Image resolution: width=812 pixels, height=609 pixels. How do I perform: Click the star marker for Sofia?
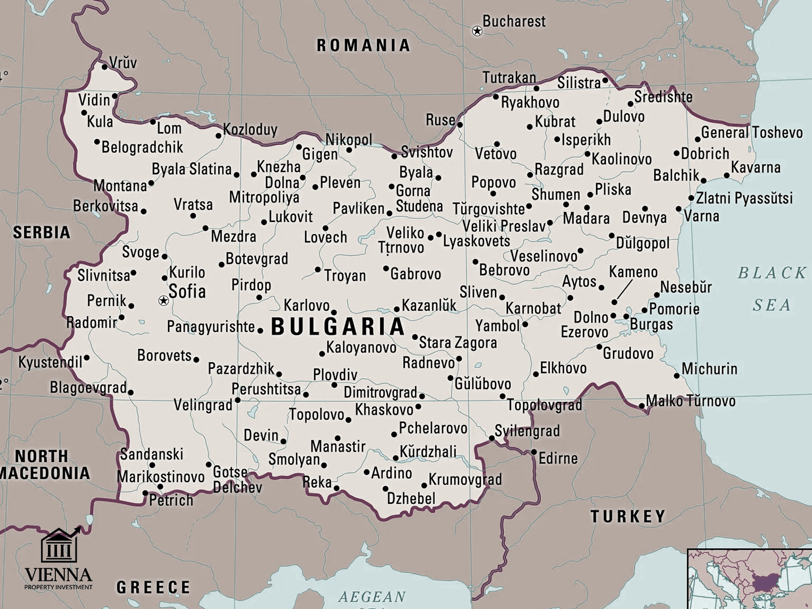point(164,301)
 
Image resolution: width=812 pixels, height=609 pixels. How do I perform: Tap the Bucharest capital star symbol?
point(477,31)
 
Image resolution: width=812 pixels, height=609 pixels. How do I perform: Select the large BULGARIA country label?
point(338,326)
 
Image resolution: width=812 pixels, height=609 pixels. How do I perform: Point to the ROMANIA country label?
point(363,46)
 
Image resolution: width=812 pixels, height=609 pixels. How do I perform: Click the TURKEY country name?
point(628,516)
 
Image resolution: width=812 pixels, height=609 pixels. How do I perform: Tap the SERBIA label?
point(42,232)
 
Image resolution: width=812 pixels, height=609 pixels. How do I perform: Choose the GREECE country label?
point(153,587)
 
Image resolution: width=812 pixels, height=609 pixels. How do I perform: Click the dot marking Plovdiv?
point(334,385)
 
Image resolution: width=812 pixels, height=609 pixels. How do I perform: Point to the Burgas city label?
point(651,324)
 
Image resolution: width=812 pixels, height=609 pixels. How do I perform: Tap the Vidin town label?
point(94,100)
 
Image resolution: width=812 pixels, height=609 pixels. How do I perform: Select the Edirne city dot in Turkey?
point(533,452)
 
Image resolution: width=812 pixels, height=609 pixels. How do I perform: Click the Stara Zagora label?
point(458,343)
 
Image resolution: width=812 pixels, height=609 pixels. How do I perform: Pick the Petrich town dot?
point(145,493)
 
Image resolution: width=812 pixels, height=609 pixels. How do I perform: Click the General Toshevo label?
point(752,133)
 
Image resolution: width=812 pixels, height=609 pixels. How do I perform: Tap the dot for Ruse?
point(460,125)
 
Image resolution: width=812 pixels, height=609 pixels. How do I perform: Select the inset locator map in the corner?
point(749,579)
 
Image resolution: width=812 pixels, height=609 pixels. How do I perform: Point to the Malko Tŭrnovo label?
point(691,401)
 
